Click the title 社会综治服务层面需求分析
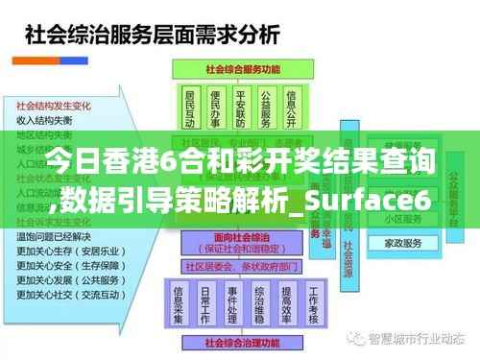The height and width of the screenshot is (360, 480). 152,36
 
